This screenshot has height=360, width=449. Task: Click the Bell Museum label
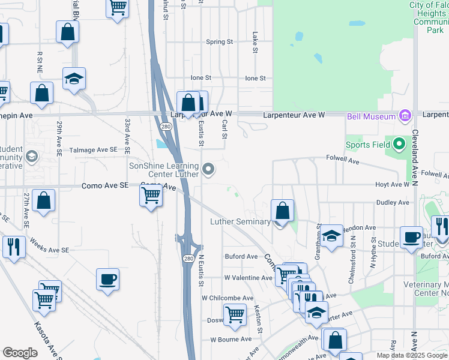tap(371, 116)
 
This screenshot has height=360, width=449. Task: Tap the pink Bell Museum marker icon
tap(404, 115)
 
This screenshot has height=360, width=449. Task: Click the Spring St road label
tap(219, 42)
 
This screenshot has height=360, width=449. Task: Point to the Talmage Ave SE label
tap(93, 149)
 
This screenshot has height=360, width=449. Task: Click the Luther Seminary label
tap(240, 221)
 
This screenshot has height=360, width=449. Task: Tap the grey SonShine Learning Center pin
tap(208, 170)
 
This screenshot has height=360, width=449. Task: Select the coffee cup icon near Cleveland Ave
tap(411, 237)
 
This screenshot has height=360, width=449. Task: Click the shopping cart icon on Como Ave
tap(150, 195)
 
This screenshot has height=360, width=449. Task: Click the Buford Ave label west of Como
tap(241, 256)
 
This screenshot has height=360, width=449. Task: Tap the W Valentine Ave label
tap(248, 278)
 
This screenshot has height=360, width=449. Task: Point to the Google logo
tap(20, 353)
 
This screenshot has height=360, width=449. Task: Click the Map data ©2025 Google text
tap(412, 355)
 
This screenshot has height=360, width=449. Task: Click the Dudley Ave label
tap(393, 203)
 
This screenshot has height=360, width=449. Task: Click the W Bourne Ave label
tap(231, 339)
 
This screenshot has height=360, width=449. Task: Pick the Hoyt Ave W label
tap(392, 185)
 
